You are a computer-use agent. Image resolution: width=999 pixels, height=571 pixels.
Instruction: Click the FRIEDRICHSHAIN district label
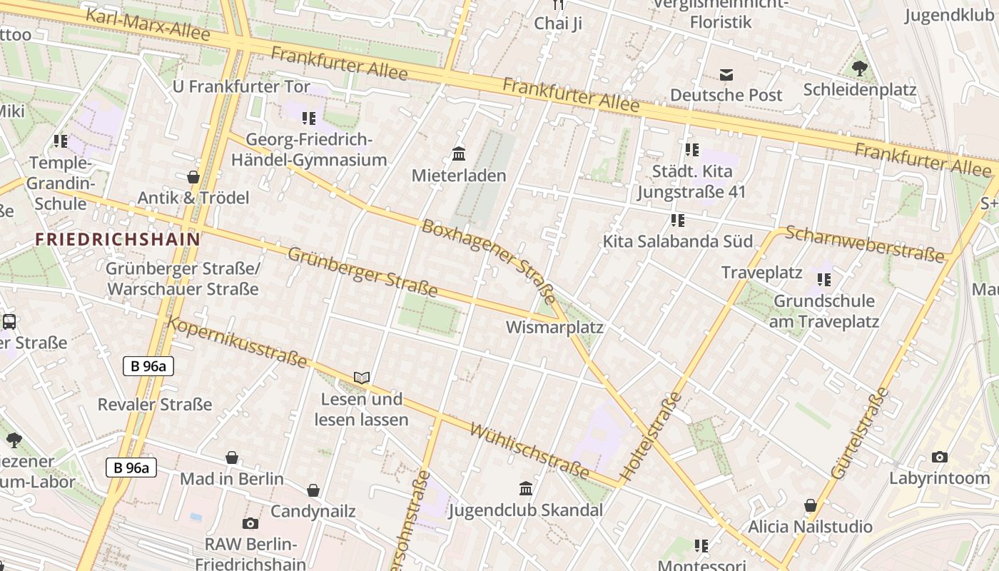pyautogui.click(x=118, y=239)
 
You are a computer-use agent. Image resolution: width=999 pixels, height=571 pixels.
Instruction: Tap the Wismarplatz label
pyautogui.click(x=554, y=328)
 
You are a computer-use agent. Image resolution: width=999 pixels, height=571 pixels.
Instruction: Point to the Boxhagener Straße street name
pyautogui.click(x=489, y=261)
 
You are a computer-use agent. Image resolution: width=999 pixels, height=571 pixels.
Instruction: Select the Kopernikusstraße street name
pyautogui.click(x=238, y=343)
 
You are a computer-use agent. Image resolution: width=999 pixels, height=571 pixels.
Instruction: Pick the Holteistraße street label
pyautogui.click(x=652, y=435)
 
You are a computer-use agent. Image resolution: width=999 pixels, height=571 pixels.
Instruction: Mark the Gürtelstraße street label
pyautogui.click(x=861, y=433)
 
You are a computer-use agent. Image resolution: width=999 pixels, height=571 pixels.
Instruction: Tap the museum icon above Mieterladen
pyautogui.click(x=459, y=154)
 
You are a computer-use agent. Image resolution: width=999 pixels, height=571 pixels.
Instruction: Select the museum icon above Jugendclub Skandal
pyautogui.click(x=526, y=489)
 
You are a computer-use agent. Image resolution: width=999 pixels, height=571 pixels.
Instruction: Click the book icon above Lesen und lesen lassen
pyautogui.click(x=362, y=378)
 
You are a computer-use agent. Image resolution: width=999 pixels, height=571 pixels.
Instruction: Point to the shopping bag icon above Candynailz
pyautogui.click(x=313, y=490)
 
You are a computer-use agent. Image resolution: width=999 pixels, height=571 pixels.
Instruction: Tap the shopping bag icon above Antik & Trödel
pyautogui.click(x=193, y=177)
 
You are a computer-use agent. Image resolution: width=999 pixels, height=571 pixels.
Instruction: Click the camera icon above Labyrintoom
pyautogui.click(x=940, y=457)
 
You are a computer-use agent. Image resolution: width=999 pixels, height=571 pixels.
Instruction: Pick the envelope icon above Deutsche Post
pyautogui.click(x=726, y=74)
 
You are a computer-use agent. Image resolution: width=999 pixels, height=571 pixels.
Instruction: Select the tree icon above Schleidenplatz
pyautogui.click(x=859, y=69)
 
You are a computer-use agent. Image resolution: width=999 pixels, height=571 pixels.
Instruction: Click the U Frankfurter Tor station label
pyautogui.click(x=241, y=87)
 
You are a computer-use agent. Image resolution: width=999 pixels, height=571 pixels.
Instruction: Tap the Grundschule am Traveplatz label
pyautogui.click(x=823, y=311)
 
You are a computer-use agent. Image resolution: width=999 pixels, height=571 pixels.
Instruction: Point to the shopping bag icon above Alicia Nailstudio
pyautogui.click(x=810, y=505)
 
